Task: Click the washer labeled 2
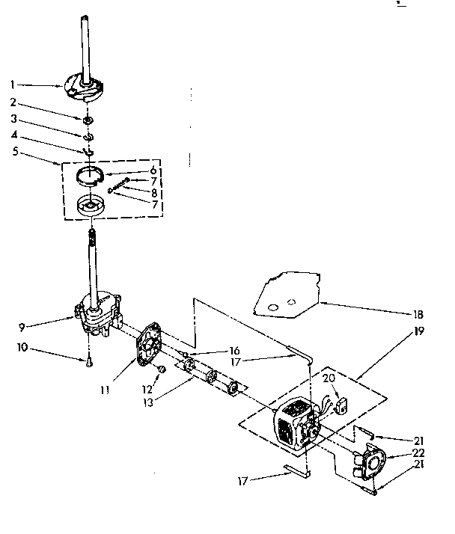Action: tap(88, 120)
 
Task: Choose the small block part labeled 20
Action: tap(344, 408)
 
